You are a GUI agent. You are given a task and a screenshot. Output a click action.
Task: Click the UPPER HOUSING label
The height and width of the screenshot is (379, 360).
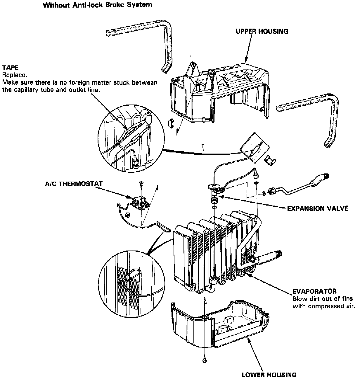pyautogui.click(x=262, y=31)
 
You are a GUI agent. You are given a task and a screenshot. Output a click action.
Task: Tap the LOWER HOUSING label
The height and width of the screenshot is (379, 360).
pyautogui.click(x=269, y=375)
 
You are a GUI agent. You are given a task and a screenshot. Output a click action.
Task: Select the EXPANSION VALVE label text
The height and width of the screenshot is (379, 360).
pyautogui.click(x=317, y=208)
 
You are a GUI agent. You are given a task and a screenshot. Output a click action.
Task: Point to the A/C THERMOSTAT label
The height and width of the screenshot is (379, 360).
pyautogui.click(x=74, y=184)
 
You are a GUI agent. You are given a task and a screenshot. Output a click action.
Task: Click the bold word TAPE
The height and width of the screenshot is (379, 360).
pyautogui.click(x=11, y=68)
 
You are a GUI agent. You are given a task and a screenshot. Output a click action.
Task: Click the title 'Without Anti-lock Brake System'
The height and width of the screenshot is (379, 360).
pyautogui.click(x=97, y=5)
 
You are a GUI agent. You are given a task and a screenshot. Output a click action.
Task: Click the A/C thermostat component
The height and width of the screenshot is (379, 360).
pyautogui.click(x=139, y=202)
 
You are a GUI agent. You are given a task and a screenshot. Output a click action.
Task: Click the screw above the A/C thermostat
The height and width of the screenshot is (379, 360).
pyautogui.click(x=141, y=183)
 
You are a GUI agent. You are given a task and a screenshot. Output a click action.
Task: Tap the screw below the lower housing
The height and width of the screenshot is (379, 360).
pyautogui.click(x=204, y=360)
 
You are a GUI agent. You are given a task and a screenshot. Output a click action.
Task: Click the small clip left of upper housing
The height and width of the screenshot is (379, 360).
pyautogui.click(x=171, y=123)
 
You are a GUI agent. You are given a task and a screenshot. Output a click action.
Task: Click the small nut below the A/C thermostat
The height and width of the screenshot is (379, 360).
pyautogui.click(x=127, y=215)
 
